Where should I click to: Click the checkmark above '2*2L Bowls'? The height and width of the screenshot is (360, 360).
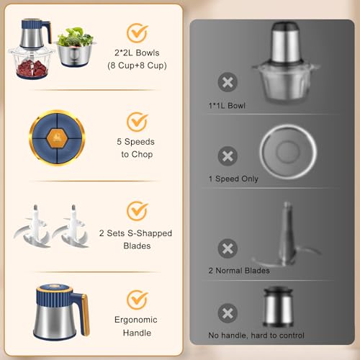click(137, 33)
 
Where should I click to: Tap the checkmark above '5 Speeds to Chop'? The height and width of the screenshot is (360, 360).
click(137, 122)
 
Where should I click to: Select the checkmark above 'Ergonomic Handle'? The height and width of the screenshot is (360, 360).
click(137, 300)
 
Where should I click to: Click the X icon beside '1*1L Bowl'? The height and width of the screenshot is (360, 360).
click(228, 82)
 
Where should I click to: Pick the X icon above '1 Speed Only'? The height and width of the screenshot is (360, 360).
click(228, 156)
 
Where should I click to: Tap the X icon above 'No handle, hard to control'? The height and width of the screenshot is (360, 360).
click(228, 313)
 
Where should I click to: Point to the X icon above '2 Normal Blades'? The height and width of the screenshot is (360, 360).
click(228, 248)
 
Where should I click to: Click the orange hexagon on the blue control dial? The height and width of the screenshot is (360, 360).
click(56, 138)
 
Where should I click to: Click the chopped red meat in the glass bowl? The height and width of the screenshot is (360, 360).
click(32, 67)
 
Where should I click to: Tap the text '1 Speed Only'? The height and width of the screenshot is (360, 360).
click(233, 179)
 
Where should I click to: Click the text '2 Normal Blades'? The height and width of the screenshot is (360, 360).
click(239, 271)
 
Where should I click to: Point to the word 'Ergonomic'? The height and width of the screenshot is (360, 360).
click(136, 320)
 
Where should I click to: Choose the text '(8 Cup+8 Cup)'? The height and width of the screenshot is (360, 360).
click(137, 66)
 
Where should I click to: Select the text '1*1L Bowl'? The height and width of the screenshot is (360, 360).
click(227, 106)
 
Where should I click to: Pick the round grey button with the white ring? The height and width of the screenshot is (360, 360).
click(288, 152)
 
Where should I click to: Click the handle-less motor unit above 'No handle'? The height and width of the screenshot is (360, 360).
click(279, 307)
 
